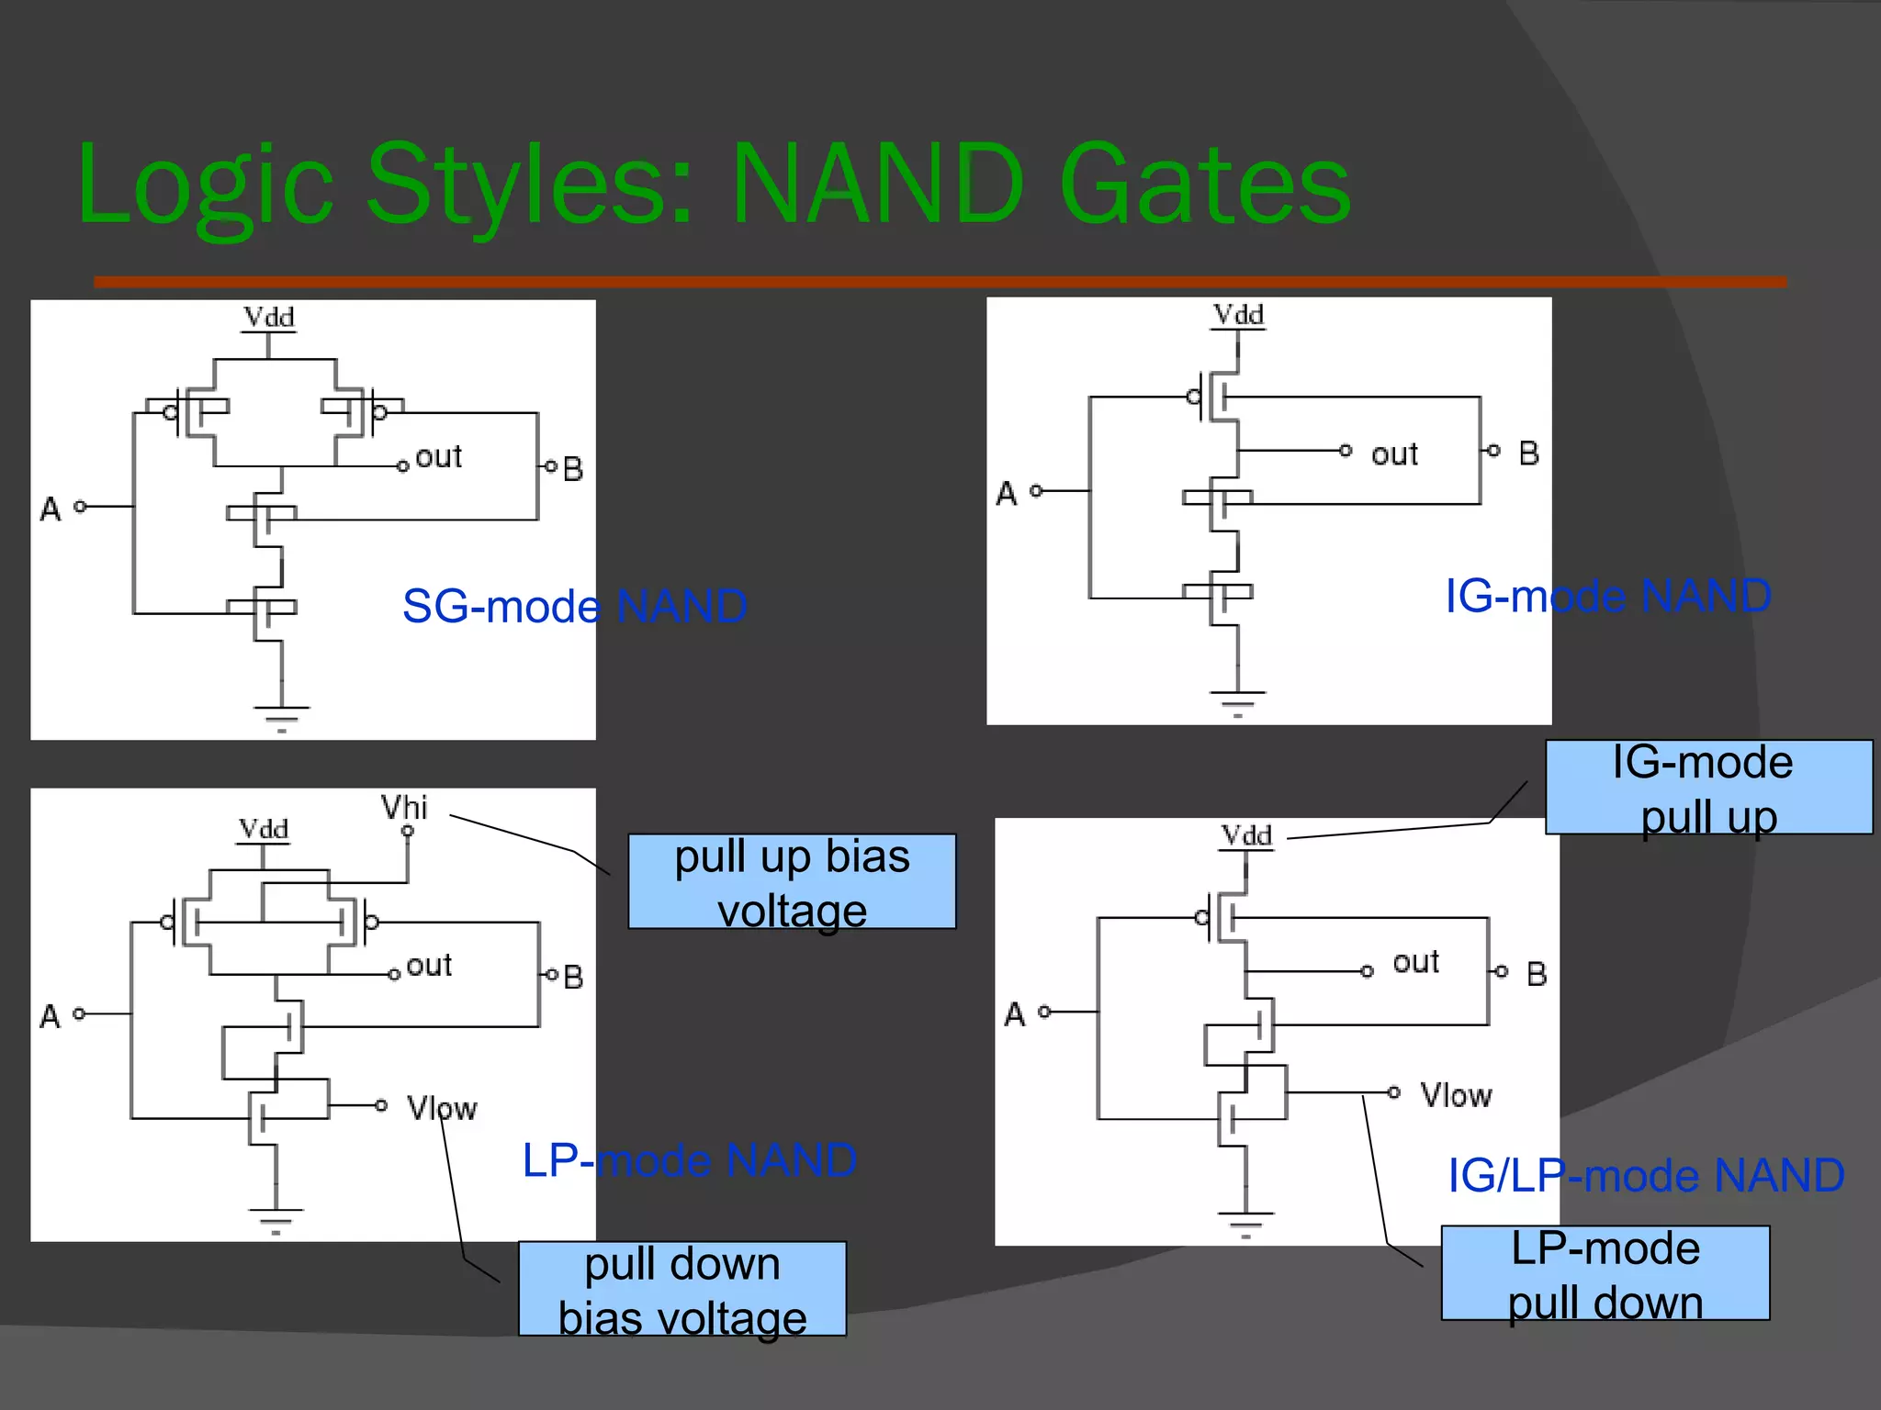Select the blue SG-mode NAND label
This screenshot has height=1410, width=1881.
click(574, 606)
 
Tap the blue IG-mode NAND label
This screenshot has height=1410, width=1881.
click(1607, 596)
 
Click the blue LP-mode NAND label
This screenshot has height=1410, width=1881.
click(689, 1160)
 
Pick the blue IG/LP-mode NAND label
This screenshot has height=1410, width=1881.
click(1646, 1175)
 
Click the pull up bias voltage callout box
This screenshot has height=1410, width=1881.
click(792, 882)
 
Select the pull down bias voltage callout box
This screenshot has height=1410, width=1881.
click(681, 1290)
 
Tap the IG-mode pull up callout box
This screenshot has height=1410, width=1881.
click(1707, 788)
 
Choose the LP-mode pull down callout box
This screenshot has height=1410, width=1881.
click(1605, 1274)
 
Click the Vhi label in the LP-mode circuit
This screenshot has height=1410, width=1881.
click(404, 808)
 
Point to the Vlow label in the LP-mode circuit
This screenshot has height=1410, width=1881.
click(442, 1108)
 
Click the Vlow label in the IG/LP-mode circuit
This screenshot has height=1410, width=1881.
click(1456, 1095)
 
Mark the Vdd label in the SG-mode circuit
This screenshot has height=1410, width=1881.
click(268, 318)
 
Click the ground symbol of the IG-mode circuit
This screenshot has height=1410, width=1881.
click(1237, 702)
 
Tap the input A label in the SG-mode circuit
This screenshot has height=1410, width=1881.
click(51, 509)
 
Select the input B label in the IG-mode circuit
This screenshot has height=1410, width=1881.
click(1528, 453)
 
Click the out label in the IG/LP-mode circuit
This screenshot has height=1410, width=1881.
click(1415, 963)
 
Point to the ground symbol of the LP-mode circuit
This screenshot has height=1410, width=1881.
click(276, 1221)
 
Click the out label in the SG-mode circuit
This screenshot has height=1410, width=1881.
click(438, 457)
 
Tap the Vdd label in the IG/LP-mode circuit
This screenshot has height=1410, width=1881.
click(1246, 835)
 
